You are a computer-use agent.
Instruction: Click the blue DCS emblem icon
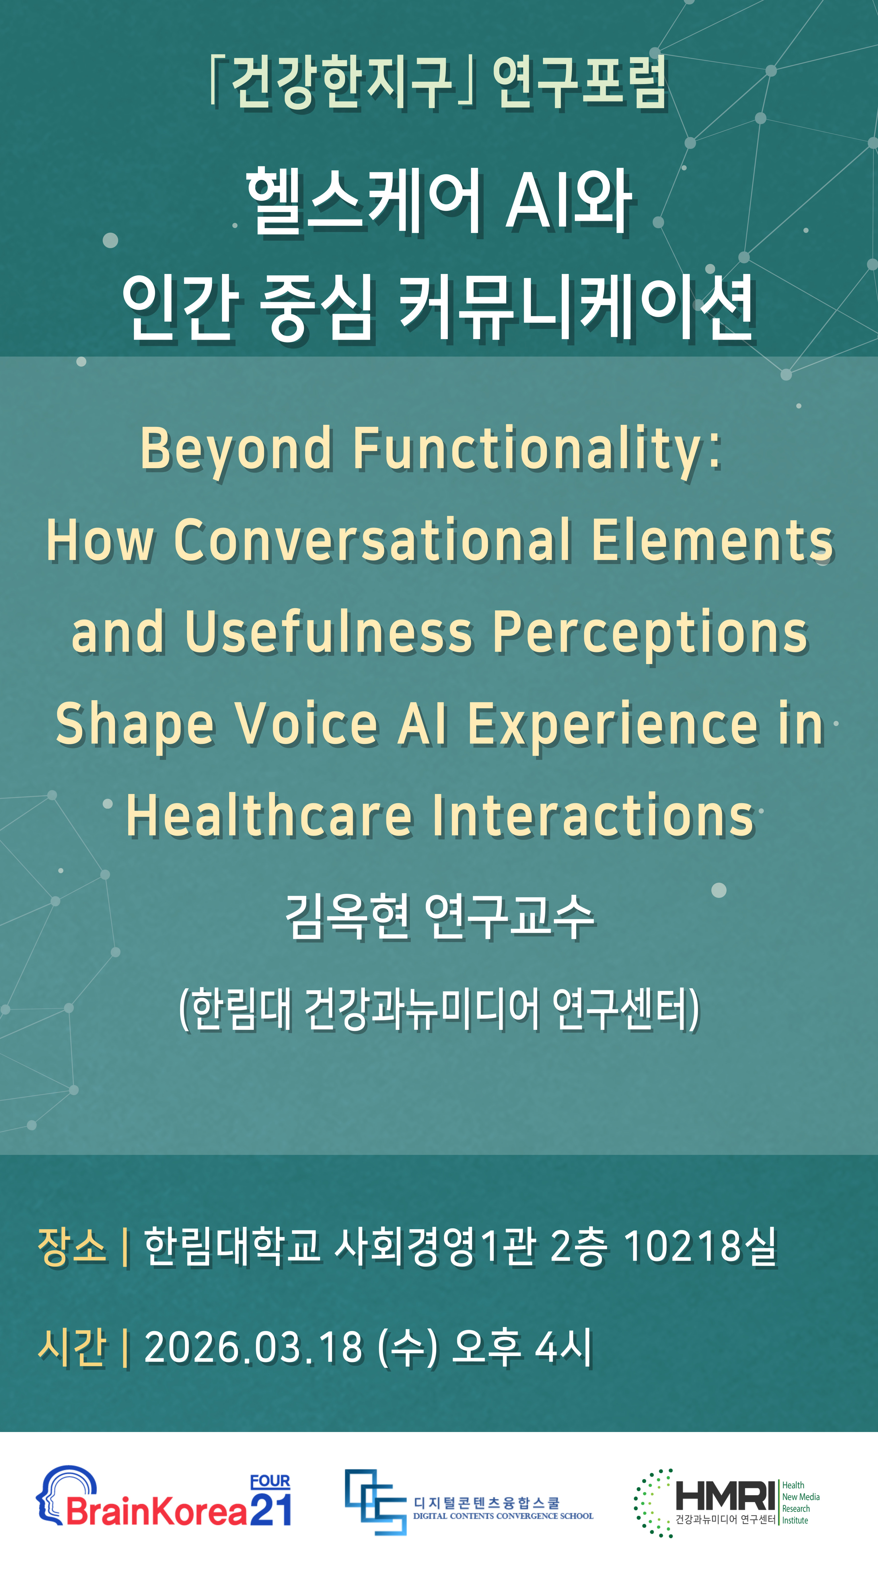(375, 1502)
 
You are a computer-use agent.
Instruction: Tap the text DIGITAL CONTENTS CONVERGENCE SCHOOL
(503, 1516)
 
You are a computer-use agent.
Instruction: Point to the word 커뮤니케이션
(577, 305)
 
